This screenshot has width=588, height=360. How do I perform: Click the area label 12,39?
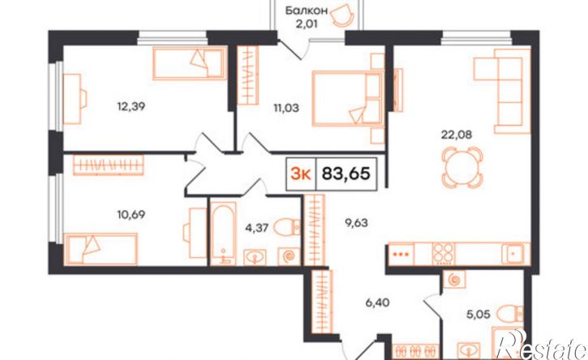(131, 107)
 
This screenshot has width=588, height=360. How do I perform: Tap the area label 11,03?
(285, 109)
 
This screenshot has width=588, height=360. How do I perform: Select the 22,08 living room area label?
(457, 135)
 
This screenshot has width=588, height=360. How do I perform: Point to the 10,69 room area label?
(131, 215)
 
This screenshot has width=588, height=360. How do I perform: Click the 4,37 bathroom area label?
(256, 228)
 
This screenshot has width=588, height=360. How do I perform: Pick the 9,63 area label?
(356, 223)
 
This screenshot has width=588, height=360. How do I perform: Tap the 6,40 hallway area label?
(377, 302)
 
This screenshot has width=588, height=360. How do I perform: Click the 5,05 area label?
(479, 314)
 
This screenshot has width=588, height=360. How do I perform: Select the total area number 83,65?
(346, 174)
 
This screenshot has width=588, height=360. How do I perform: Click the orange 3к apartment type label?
(301, 174)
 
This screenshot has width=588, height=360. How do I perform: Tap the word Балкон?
(307, 11)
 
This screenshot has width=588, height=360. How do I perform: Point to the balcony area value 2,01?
(307, 24)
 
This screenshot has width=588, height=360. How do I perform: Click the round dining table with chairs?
(462, 167)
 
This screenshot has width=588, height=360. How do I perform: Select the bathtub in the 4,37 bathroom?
(223, 234)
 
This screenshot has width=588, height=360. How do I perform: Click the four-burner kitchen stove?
(444, 254)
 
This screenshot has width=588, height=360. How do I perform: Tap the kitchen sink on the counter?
(513, 254)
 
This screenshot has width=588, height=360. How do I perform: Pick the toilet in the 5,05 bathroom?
(509, 314)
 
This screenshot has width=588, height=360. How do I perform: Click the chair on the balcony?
(343, 15)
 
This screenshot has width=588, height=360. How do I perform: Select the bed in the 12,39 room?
(190, 63)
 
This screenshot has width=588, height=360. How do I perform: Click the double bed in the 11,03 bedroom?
(348, 98)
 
